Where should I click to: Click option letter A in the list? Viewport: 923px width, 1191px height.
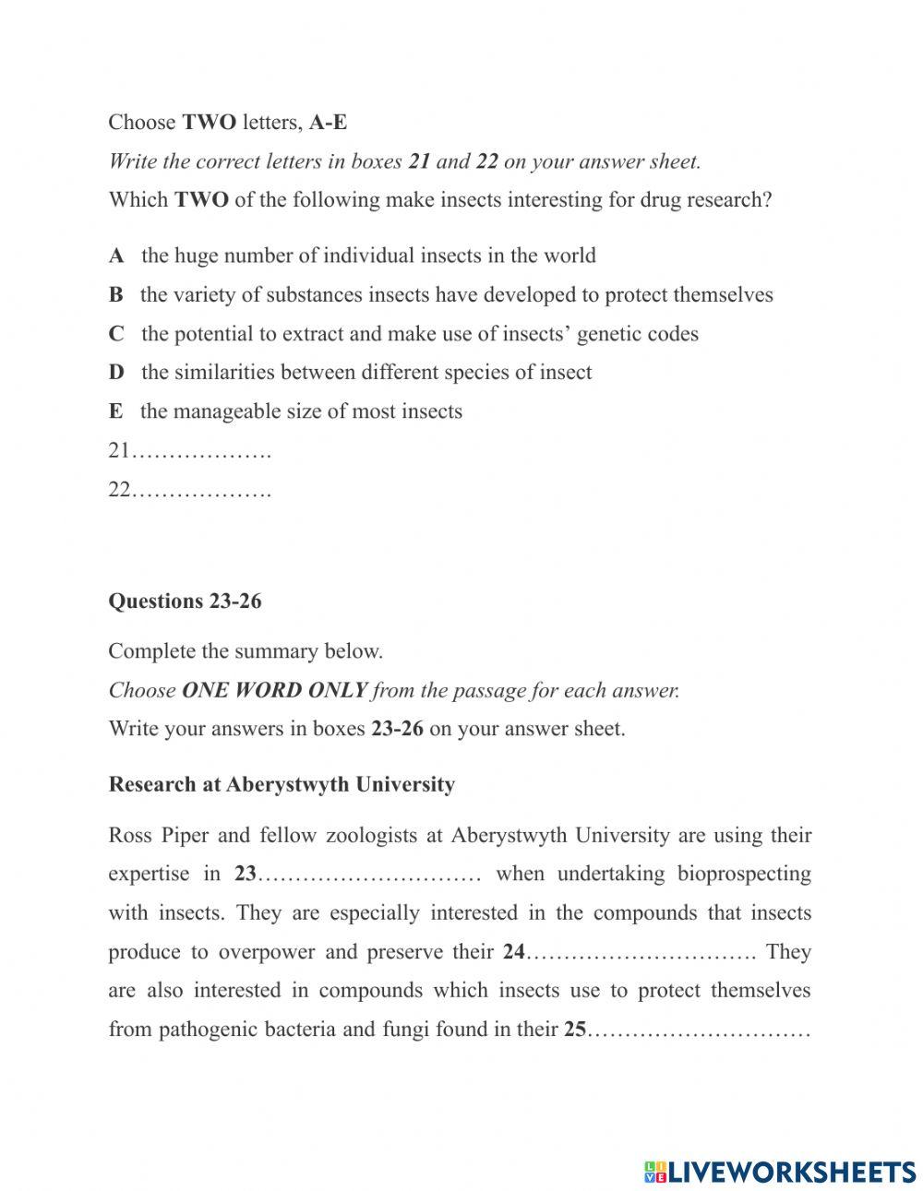116,256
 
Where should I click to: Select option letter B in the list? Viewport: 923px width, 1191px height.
115,295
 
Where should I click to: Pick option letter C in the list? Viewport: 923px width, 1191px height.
116,334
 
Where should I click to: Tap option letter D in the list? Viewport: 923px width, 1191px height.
116,373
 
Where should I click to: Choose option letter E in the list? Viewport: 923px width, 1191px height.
115,411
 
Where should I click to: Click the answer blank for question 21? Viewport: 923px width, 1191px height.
201,452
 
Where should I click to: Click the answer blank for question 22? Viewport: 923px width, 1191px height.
201,491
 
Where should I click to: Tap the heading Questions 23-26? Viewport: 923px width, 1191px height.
185,601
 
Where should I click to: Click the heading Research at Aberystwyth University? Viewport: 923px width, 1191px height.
282,785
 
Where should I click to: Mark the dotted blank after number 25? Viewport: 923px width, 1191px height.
699,1030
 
